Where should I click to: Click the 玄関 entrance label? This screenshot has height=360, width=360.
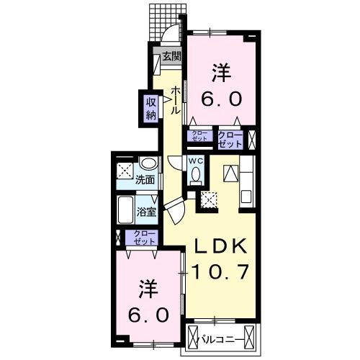coord(171,57)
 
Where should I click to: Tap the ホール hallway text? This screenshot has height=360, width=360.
coord(176,99)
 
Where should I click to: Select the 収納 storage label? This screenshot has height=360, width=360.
coord(152,109)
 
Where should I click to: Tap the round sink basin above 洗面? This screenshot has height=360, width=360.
coord(147,163)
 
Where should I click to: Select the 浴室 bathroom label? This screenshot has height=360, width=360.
coord(147,213)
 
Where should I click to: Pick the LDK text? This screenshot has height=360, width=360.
coord(220,247)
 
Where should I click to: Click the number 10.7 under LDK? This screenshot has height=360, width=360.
coord(220,271)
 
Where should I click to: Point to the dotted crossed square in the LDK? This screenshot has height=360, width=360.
coord(210,200)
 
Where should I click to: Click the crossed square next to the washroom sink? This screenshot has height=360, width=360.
coord(125,171)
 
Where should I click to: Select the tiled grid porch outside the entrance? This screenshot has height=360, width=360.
coord(163,18)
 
